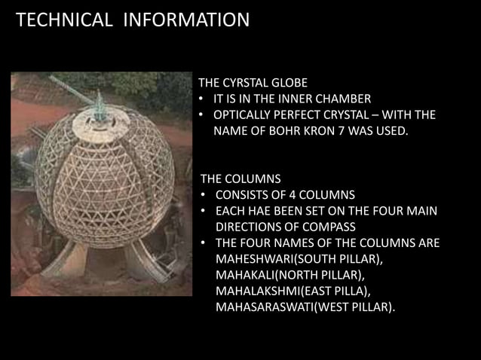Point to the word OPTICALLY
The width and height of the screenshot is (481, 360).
(244, 115)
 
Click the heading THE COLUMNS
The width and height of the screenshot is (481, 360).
(240, 179)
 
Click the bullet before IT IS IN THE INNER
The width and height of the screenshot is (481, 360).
(203, 99)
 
